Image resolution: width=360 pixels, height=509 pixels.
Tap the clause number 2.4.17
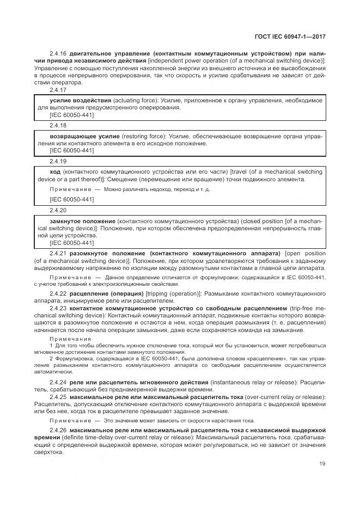pyautogui.click(x=58, y=90)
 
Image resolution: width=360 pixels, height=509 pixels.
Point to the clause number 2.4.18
pyautogui.click(x=58, y=125)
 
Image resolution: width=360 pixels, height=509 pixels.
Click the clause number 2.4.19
pyautogui.click(x=58, y=161)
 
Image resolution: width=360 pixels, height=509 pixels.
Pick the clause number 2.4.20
pyautogui.click(x=58, y=210)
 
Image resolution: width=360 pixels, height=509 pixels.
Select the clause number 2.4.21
pyautogui.click(x=58, y=254)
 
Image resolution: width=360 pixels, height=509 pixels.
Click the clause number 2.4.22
pyautogui.click(x=58, y=293)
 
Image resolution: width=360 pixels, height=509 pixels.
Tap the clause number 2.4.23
pyautogui.click(x=58, y=308)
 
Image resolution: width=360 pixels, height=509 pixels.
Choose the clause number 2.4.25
pyautogui.click(x=58, y=397)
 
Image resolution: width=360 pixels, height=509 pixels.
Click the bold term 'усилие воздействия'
pyautogui.click(x=81, y=101)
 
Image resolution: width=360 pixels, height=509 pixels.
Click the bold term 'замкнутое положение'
pyautogui.click(x=82, y=221)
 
